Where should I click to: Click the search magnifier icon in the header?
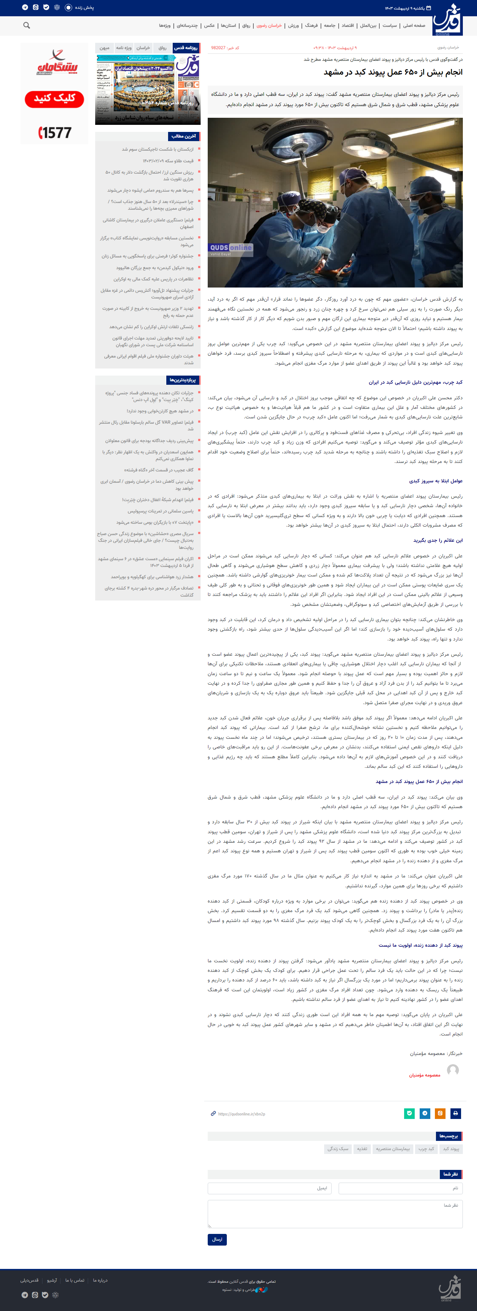pos(27,25)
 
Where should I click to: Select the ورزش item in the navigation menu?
pos(294,25)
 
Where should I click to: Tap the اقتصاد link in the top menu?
pos(348,25)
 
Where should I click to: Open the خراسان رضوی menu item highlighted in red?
pos(269,25)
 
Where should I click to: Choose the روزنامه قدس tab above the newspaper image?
pos(186,48)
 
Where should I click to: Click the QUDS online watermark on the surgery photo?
pos(231,248)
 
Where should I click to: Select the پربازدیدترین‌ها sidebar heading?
pos(182,380)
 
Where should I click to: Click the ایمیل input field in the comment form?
pos(269,1188)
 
